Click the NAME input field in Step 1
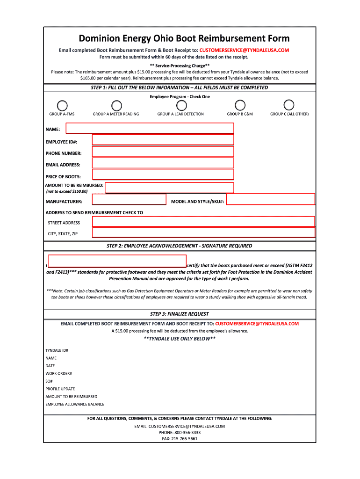coord(150,129)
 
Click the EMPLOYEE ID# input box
coord(163,140)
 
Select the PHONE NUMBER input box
coord(163,152)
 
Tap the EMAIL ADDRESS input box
coord(163,163)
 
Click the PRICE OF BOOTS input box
coord(163,174)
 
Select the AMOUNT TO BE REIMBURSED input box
coord(169,188)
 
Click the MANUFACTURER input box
coord(129,200)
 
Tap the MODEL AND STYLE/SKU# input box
coord(271,199)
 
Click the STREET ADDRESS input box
coord(203,222)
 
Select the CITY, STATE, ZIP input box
coord(203,233)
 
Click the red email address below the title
coord(244,50)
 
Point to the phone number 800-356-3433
coord(180,433)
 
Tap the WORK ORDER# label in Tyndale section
coord(58,373)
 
